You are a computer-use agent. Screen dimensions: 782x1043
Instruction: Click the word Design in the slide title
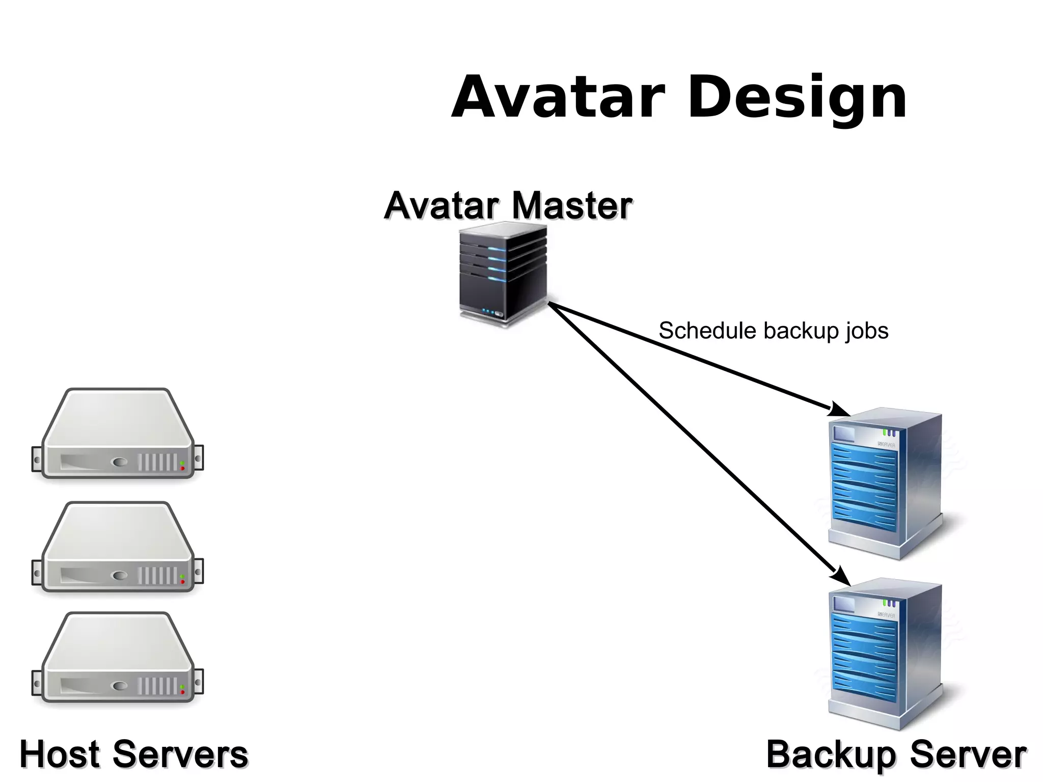click(797, 98)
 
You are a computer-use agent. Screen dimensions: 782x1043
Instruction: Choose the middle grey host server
click(118, 548)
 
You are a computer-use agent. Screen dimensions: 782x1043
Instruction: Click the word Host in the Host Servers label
click(59, 754)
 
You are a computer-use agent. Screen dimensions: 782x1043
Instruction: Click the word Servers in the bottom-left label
click(180, 754)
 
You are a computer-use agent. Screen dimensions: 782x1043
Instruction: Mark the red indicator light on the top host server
click(182, 468)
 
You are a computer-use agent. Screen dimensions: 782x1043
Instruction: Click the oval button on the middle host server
click(120, 576)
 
